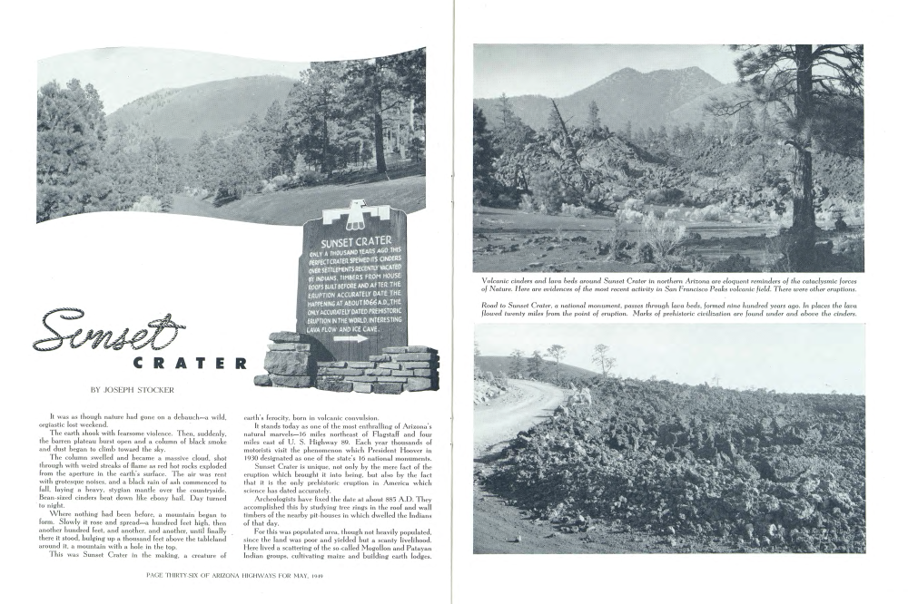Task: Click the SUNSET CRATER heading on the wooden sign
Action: [x=356, y=242]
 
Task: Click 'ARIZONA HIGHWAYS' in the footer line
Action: [x=254, y=574]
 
